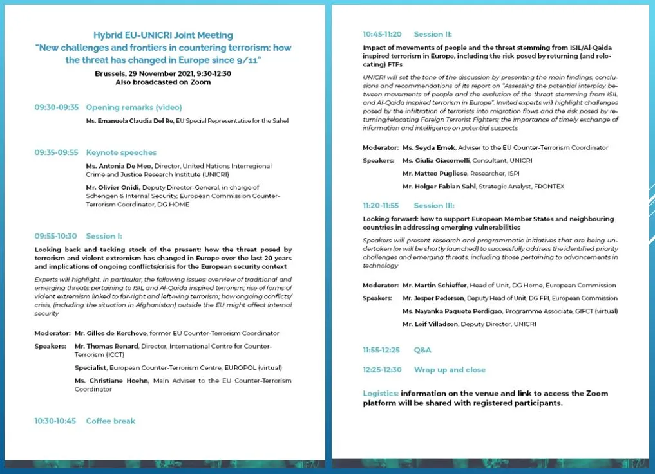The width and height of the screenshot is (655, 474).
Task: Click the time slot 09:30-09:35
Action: (x=56, y=107)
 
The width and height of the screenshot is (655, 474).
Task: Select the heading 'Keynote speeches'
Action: (x=121, y=152)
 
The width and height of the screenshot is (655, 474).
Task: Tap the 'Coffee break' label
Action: (x=110, y=421)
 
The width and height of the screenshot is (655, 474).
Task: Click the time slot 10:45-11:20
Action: (x=382, y=34)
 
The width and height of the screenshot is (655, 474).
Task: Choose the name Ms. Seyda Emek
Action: (x=429, y=147)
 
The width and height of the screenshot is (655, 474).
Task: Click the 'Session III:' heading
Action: (x=433, y=206)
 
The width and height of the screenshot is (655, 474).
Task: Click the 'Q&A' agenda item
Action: (x=422, y=350)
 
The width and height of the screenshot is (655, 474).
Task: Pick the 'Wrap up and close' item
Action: (x=450, y=370)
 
